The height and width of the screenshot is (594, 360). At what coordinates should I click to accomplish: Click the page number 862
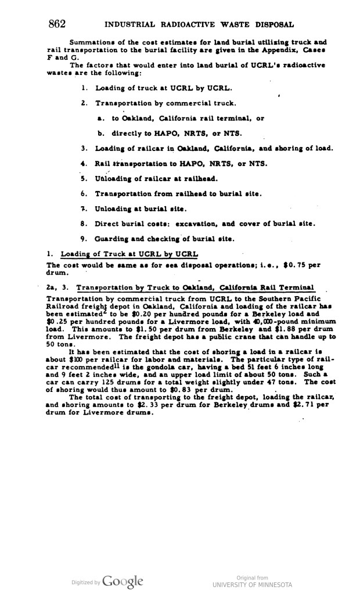point(57,24)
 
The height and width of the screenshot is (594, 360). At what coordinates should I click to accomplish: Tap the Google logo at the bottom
point(123,581)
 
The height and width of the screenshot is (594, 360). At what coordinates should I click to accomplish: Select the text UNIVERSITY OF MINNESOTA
point(251,584)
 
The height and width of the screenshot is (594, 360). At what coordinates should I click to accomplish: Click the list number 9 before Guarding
point(84,237)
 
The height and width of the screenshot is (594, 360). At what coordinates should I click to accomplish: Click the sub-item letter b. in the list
point(100,132)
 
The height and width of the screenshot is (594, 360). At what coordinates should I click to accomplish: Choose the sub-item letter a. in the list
point(100,118)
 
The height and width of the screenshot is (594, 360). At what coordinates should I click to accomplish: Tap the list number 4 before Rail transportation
point(84,163)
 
